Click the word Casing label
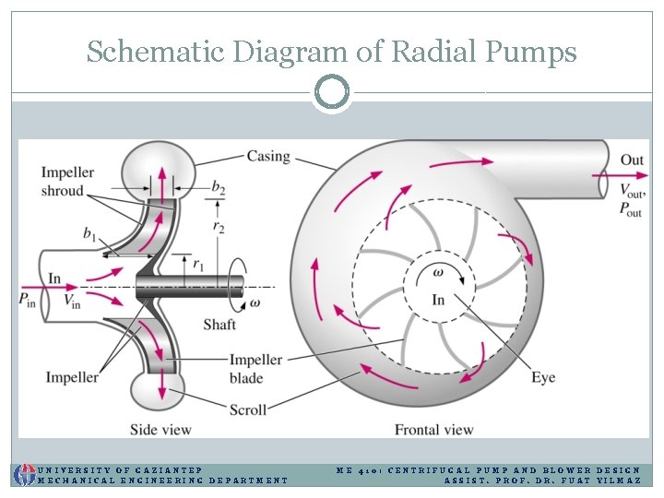pos(267,157)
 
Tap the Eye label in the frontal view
pos(543,377)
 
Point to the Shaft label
pos(219,324)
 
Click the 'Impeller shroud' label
pos(62,182)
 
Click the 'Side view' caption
pos(161,430)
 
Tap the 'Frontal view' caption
pos(433,430)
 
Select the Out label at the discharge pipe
pos(632,160)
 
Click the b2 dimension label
pos(218,187)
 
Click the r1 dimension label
pos(197,264)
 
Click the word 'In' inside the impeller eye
pos(438,300)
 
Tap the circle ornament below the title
pos(332,92)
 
